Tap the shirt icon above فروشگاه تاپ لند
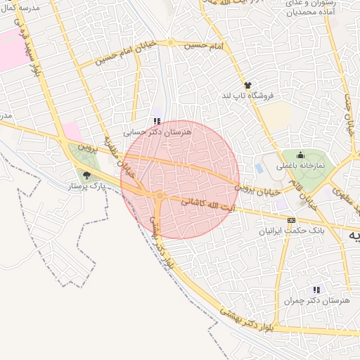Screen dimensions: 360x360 click(247, 85)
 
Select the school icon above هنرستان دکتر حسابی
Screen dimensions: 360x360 click(157, 120)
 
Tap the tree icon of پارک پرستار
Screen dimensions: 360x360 click(87, 176)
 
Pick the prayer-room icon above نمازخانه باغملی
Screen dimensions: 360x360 click(301, 155)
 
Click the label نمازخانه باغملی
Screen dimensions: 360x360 click(301, 166)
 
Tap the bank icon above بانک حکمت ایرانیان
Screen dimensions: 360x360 click(291, 221)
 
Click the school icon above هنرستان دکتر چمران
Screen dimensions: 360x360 click(316, 290)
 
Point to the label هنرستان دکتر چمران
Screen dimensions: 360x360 click(307, 300)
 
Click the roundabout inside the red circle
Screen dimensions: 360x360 click(160, 195)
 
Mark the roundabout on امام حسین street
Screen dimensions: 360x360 click(170, 44)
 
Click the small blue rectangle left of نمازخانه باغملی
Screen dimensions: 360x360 click(259, 169)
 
